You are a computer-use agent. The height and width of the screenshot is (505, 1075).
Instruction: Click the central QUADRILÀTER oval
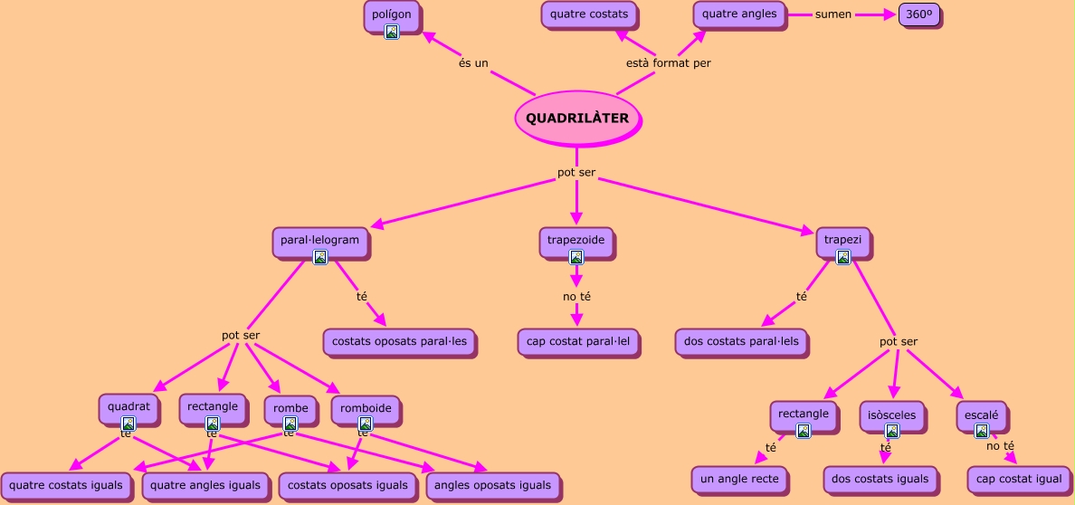coord(577,119)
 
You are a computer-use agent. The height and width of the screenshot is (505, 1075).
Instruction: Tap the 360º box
coord(919,15)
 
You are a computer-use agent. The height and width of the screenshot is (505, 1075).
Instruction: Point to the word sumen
coord(832,14)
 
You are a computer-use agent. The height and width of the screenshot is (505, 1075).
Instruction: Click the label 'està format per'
coord(668,63)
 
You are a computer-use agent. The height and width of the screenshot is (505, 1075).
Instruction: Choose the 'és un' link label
coord(473,63)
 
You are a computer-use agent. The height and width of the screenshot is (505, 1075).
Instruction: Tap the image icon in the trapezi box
coord(842,258)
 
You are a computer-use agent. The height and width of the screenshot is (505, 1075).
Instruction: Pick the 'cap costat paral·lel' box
coord(578,342)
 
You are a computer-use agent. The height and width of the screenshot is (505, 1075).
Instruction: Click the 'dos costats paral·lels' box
coord(741,342)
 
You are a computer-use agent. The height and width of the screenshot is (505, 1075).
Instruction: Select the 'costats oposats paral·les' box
coord(399,342)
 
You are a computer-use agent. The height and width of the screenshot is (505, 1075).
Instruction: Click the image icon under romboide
coord(366,424)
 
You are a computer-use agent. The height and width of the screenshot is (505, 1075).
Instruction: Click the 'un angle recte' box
coord(740,479)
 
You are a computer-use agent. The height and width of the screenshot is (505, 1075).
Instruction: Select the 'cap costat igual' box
coord(1019,479)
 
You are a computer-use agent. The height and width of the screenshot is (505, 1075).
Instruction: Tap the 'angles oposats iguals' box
coord(492,485)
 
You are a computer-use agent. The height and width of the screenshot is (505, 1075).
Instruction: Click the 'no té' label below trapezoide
coord(576,296)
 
